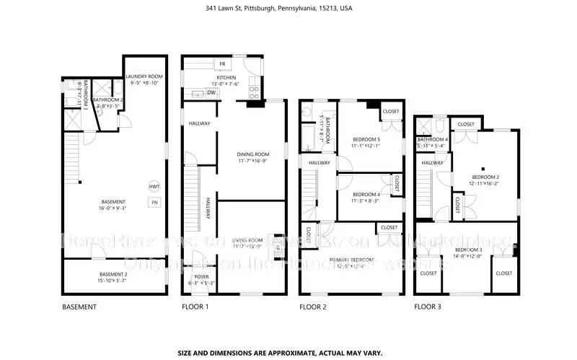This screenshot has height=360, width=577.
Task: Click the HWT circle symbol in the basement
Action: tap(154, 186)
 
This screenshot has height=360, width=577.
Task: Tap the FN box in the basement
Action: tap(154, 203)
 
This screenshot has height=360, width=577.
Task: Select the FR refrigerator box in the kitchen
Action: tap(223, 64)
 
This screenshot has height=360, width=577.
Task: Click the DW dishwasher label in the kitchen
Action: tap(211, 92)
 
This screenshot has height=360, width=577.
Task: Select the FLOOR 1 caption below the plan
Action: tap(195, 307)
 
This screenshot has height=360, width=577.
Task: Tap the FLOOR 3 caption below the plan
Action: tap(428, 307)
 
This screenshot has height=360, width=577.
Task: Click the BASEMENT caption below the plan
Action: tap(79, 307)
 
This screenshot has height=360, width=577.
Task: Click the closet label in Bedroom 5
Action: tap(390, 111)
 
